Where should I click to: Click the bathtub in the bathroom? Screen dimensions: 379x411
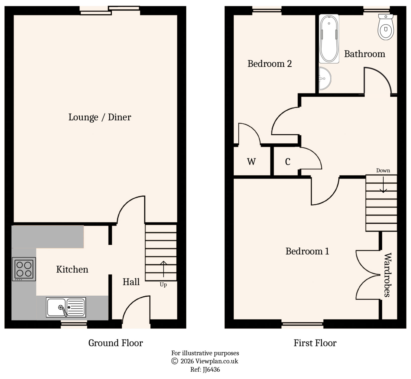[329, 39]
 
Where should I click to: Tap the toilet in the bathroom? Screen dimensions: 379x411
[386, 28]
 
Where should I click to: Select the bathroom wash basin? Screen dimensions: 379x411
[324, 79]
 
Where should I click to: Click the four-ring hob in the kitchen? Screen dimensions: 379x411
[24, 269]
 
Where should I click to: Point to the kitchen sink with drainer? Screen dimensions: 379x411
[66, 307]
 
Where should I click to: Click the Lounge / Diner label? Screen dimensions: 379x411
[100, 117]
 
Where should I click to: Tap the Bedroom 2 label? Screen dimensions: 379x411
[270, 64]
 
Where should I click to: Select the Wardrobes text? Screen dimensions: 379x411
[388, 275]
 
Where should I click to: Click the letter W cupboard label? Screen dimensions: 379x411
[251, 162]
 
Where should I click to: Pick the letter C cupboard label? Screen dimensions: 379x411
[288, 162]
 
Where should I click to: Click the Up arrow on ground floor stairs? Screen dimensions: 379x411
[164, 269]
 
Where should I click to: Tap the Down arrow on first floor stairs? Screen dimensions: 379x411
[383, 185]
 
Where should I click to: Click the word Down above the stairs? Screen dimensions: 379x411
[383, 171]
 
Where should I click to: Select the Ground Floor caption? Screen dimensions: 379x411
[116, 343]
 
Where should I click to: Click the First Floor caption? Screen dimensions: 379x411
[315, 343]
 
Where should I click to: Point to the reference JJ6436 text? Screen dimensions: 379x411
[205, 369]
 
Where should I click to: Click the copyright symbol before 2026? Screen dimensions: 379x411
[174, 361]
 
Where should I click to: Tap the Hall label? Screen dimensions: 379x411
[131, 282]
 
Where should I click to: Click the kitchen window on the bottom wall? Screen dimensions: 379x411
[74, 325]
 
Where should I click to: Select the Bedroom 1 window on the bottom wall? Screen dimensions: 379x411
[302, 325]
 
